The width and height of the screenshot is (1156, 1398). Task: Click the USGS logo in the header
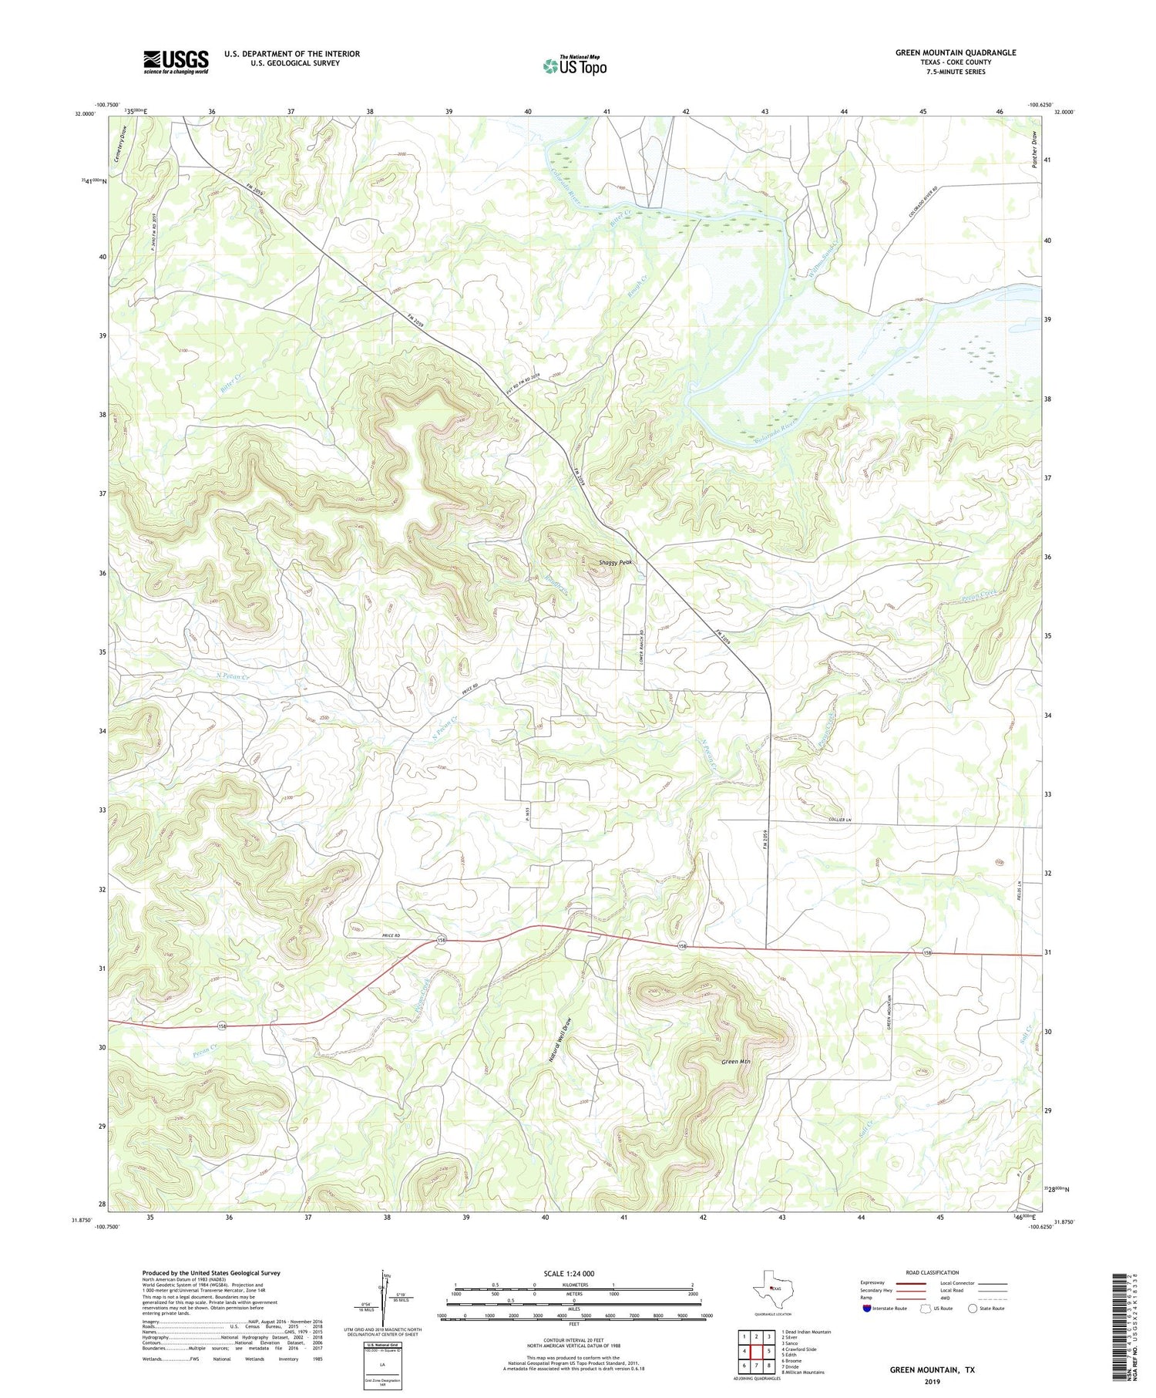point(176,62)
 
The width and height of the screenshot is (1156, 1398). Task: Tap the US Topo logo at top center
point(574,66)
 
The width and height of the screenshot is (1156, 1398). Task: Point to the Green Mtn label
point(736,1062)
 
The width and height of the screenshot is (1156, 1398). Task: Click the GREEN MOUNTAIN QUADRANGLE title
point(955,52)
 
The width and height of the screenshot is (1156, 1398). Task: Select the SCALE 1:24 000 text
point(573,1273)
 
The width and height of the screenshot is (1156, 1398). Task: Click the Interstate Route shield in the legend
point(869,1308)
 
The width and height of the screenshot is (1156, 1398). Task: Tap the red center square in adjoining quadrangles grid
point(757,1351)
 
